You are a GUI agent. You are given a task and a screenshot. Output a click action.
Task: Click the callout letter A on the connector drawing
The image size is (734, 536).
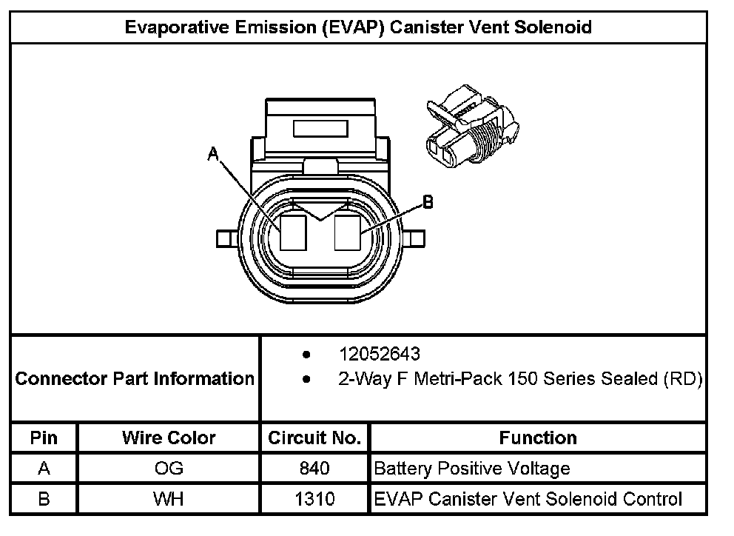tap(213, 153)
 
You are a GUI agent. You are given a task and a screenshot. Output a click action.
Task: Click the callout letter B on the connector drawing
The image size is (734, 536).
tap(427, 201)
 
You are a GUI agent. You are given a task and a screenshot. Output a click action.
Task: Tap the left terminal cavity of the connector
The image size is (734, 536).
tap(294, 232)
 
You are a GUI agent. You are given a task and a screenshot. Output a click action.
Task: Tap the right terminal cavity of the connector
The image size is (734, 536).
tap(346, 232)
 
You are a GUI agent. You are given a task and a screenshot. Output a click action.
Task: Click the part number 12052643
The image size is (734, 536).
tap(379, 354)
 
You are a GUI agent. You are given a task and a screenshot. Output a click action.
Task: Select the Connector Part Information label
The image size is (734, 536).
tap(135, 379)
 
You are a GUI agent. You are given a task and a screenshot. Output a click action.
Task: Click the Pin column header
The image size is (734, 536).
tap(44, 438)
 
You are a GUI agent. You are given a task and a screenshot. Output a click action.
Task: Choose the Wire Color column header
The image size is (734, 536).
tap(169, 438)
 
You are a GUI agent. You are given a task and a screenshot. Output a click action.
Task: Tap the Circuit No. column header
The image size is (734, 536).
tap(314, 438)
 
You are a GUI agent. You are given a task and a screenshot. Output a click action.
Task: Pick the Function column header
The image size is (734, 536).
tap(538, 438)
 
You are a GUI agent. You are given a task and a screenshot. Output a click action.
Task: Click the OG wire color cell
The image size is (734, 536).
tap(169, 469)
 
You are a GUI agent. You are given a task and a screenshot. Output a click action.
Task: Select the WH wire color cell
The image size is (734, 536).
tap(169, 499)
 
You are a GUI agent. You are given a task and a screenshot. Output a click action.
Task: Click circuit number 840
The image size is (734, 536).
tap(315, 469)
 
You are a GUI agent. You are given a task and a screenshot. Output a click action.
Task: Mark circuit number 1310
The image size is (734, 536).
tap(315, 499)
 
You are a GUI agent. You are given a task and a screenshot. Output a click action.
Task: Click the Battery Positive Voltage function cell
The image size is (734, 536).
tap(472, 469)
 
